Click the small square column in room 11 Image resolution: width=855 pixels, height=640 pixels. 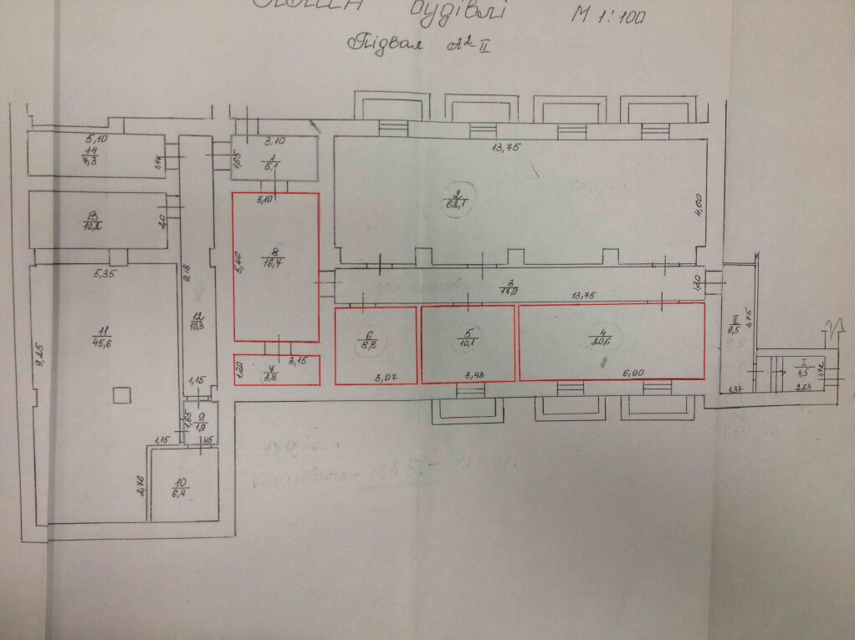pos(121,392)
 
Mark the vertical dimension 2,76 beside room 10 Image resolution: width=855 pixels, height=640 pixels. pos(142,485)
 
